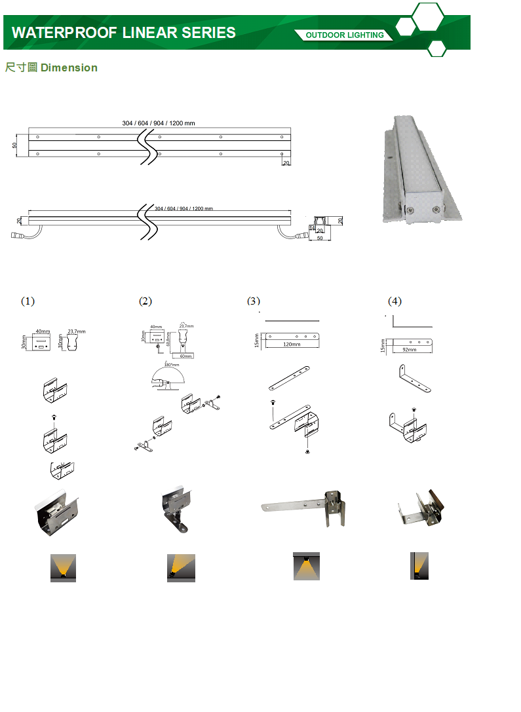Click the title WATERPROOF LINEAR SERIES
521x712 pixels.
point(124,33)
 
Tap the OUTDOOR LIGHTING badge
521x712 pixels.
point(345,35)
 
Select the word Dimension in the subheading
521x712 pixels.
point(69,67)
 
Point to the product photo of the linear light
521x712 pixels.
point(422,169)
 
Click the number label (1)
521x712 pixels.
point(28,301)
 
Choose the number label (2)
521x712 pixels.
point(145,301)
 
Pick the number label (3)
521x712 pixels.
point(254,301)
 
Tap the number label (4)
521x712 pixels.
point(394,301)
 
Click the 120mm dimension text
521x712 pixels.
point(292,345)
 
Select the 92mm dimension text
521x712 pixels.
point(409,350)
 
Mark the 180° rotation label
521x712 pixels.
point(172,365)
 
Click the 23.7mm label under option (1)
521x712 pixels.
point(77,331)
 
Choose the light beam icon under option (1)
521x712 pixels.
point(64,567)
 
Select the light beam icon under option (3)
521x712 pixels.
point(306,566)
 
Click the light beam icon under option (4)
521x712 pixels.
point(419,566)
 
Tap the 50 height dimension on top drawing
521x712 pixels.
point(14,145)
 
